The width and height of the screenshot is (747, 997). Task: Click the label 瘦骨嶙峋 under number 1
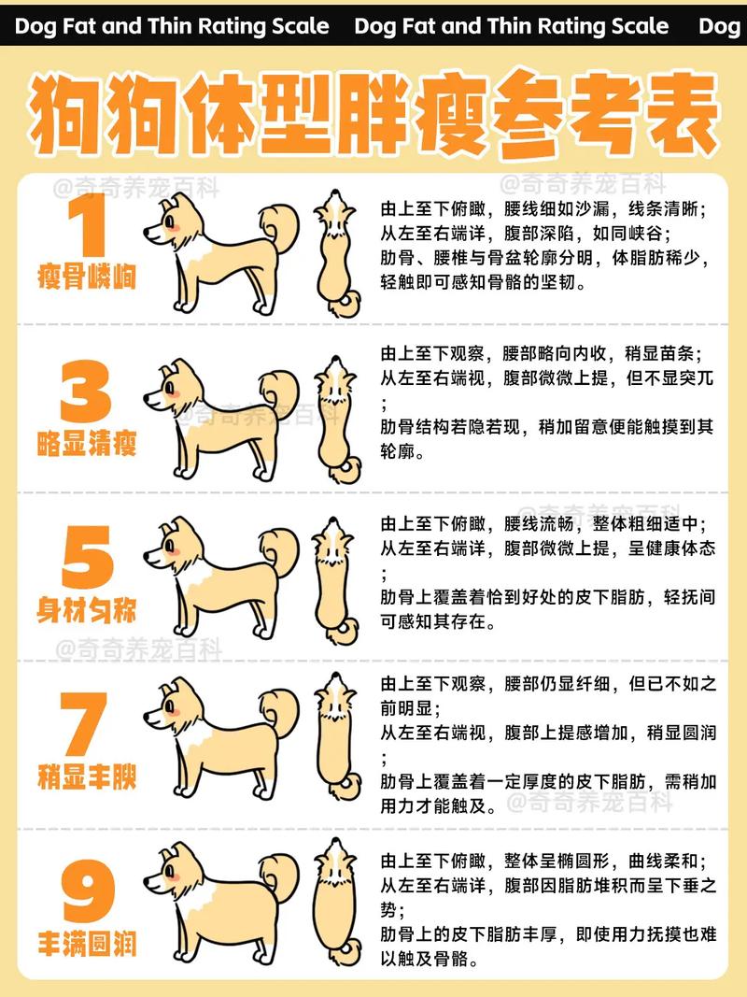[x=86, y=278]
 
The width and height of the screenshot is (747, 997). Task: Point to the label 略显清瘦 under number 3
[x=86, y=444]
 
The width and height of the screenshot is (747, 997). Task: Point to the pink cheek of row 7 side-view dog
[x=172, y=711]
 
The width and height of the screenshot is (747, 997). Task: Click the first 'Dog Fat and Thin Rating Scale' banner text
[x=172, y=25]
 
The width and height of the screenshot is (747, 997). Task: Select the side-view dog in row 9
[x=219, y=902]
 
